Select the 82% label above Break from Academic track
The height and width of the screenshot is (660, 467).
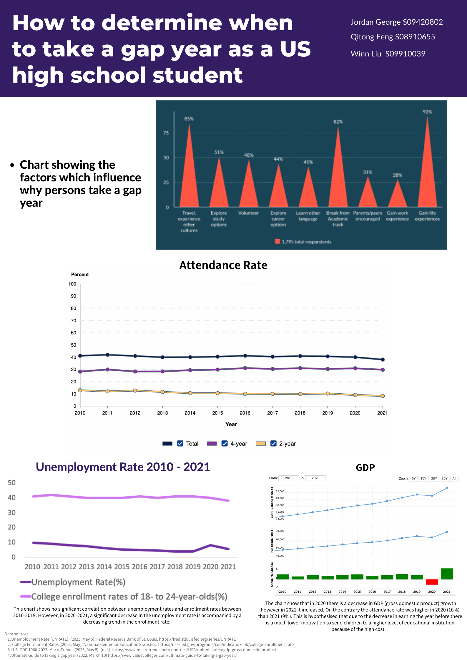tap(338, 122)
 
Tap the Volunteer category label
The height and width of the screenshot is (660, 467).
tap(248, 213)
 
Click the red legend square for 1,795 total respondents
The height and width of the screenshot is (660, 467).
tap(277, 241)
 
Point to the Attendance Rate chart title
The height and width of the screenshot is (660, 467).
tap(223, 265)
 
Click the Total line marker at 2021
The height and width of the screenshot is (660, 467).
tap(383, 360)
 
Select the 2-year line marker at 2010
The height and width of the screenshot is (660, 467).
tap(80, 390)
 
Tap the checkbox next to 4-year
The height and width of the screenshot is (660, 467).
tap(225, 443)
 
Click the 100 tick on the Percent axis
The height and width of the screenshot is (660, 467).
tap(72, 284)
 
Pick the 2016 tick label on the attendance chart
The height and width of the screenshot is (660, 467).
tap(245, 413)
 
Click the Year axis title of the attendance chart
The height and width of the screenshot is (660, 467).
tap(231, 424)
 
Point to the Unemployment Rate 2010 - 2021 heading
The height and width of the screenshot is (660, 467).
tap(123, 467)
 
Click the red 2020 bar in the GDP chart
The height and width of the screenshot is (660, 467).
tap(432, 582)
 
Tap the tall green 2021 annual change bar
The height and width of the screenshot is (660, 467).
tap(447, 574)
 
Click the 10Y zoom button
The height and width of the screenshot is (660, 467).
tap(423, 478)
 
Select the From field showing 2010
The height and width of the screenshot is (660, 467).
tap(289, 478)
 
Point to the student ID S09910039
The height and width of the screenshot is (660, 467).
tap(405, 54)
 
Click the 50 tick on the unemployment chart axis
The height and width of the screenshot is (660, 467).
tap(12, 483)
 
